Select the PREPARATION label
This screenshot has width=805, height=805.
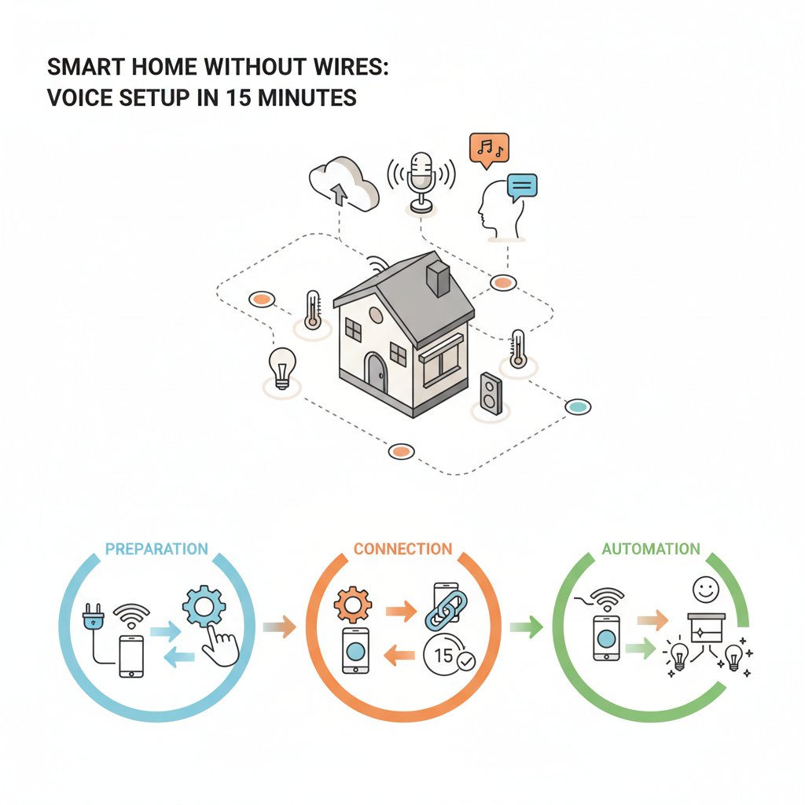click(x=156, y=549)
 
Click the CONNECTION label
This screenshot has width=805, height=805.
click(x=403, y=549)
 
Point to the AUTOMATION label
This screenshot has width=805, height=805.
click(x=651, y=549)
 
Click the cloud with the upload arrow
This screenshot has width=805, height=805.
click(x=344, y=182)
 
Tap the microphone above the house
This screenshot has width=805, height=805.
click(x=421, y=182)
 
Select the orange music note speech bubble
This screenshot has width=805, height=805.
click(x=489, y=150)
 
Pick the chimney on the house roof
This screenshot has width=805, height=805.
click(x=439, y=278)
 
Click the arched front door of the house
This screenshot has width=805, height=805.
click(x=376, y=372)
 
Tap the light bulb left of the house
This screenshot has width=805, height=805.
click(x=282, y=368)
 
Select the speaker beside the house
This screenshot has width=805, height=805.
click(x=491, y=393)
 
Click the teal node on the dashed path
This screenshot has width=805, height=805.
click(x=578, y=406)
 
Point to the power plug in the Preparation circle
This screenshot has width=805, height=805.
click(x=93, y=616)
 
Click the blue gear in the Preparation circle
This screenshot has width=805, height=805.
click(x=204, y=606)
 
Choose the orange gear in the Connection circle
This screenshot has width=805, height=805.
click(x=353, y=605)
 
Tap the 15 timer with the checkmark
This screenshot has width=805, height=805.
click(x=448, y=656)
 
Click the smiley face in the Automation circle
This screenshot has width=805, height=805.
click(x=706, y=590)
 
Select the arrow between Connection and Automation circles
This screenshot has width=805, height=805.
click(x=526, y=627)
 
